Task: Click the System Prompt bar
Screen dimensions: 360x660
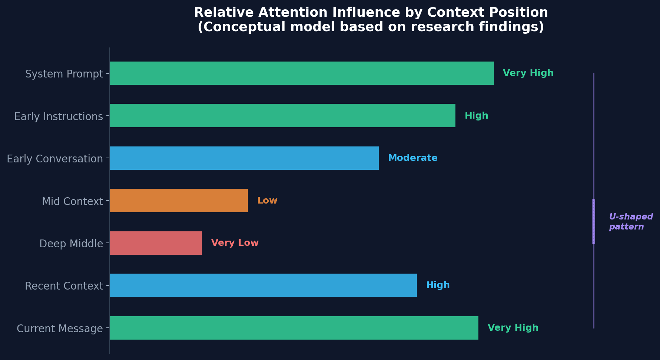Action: pyautogui.click(x=302, y=73)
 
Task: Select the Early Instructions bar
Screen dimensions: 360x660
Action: pyautogui.click(x=282, y=116)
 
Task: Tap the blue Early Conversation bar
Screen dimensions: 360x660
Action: pyautogui.click(x=244, y=158)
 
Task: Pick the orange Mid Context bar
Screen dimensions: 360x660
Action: pyautogui.click(x=179, y=201)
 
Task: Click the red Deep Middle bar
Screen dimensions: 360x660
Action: pyautogui.click(x=156, y=243)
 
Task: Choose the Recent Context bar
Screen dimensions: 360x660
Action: pyautogui.click(x=263, y=285)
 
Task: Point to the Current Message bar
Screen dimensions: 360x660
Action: pyautogui.click(x=294, y=328)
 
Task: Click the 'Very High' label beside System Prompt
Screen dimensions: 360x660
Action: pyautogui.click(x=528, y=73)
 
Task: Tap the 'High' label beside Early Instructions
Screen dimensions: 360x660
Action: pyautogui.click(x=476, y=116)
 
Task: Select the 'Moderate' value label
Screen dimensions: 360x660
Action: pyautogui.click(x=412, y=158)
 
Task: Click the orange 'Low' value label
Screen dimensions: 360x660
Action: pyautogui.click(x=267, y=201)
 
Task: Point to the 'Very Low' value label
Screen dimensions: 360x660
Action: pyautogui.click(x=235, y=243)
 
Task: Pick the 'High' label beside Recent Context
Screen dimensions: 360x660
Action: pyautogui.click(x=438, y=285)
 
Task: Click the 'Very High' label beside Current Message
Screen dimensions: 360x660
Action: pyautogui.click(x=513, y=328)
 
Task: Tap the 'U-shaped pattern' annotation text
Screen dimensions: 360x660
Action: pyautogui.click(x=631, y=222)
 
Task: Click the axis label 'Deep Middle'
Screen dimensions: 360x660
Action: pyautogui.click(x=71, y=244)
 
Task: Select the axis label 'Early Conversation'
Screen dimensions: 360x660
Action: pyautogui.click(x=55, y=159)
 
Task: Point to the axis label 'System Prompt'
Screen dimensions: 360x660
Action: pyautogui.click(x=64, y=74)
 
